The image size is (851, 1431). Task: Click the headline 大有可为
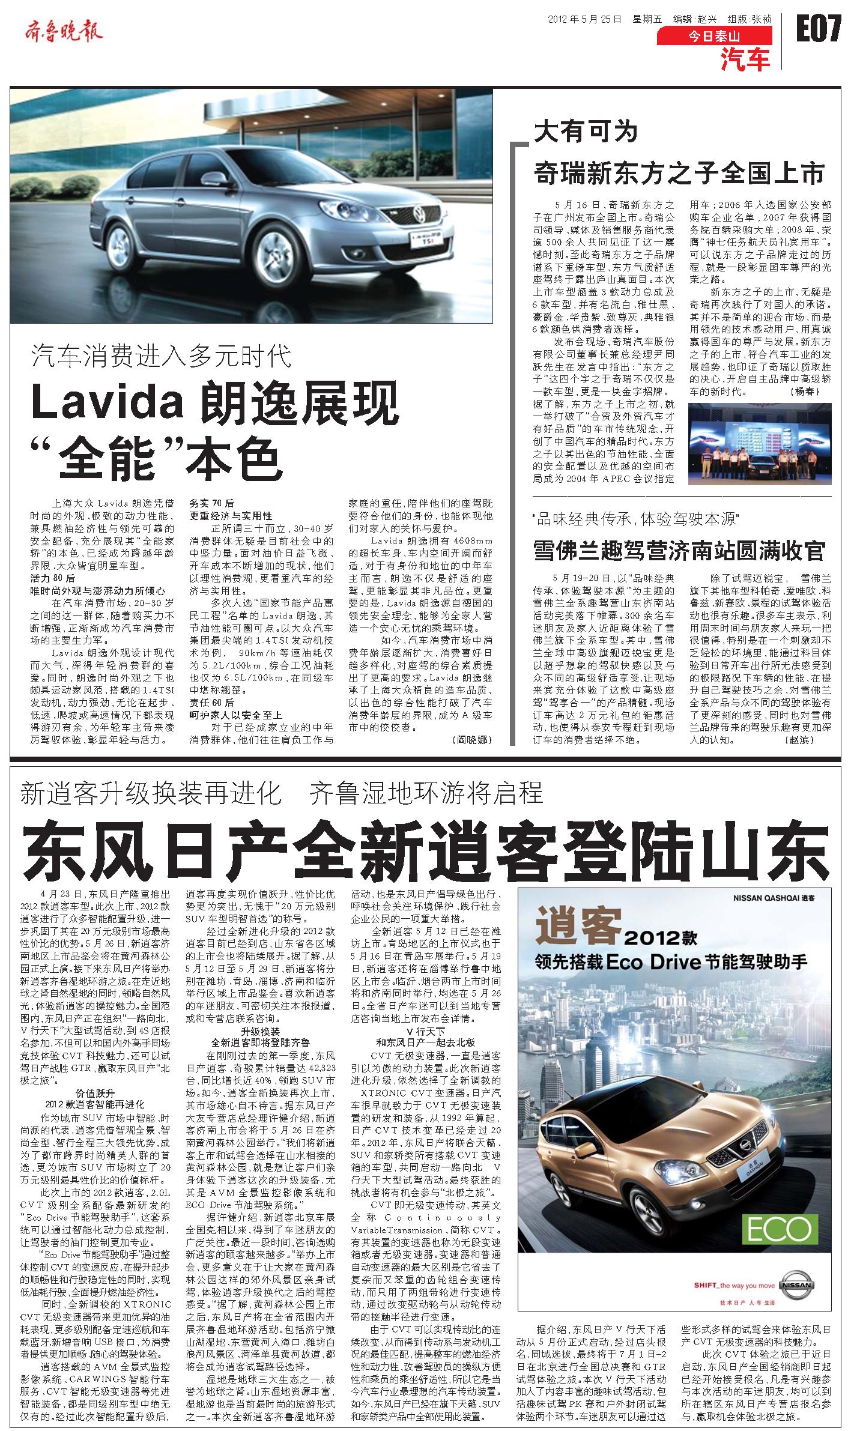(x=586, y=132)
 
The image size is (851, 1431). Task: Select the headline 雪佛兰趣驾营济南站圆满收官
(x=679, y=550)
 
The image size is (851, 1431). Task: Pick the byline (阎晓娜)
(x=471, y=740)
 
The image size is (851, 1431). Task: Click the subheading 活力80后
(x=53, y=578)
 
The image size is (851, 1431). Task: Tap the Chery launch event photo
(x=759, y=444)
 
